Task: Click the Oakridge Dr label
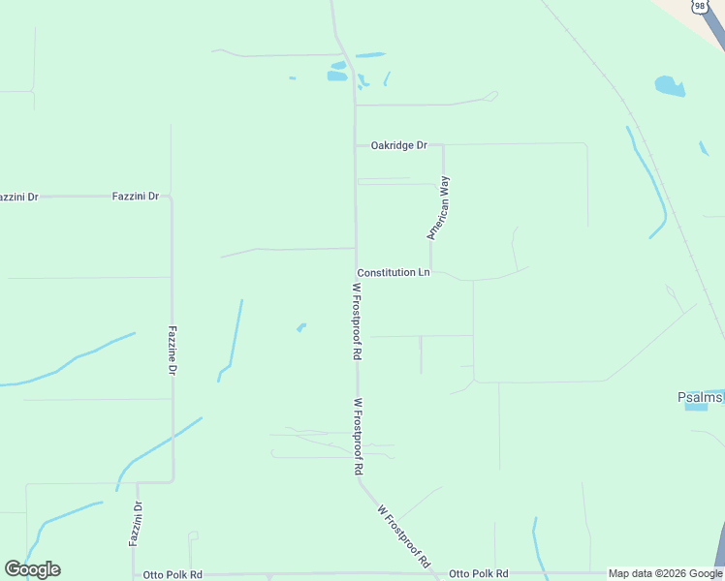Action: click(398, 145)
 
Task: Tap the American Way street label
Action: click(439, 207)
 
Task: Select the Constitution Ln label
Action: click(393, 273)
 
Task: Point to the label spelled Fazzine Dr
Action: click(173, 351)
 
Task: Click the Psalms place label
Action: click(700, 397)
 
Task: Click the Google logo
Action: click(32, 569)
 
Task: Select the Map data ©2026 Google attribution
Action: click(666, 573)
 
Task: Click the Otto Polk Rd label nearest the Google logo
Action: click(173, 574)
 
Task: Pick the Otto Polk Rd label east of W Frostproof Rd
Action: click(479, 574)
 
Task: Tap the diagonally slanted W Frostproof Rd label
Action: click(403, 535)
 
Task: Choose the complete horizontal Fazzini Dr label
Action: click(136, 196)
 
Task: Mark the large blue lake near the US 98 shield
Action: click(670, 86)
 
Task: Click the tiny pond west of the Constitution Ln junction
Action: click(301, 327)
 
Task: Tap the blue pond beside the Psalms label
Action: click(696, 408)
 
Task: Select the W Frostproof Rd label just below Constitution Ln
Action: click(357, 321)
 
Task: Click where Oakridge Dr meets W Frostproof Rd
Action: click(356, 145)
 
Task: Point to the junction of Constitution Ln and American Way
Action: click(431, 272)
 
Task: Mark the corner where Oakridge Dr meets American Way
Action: click(443, 145)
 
